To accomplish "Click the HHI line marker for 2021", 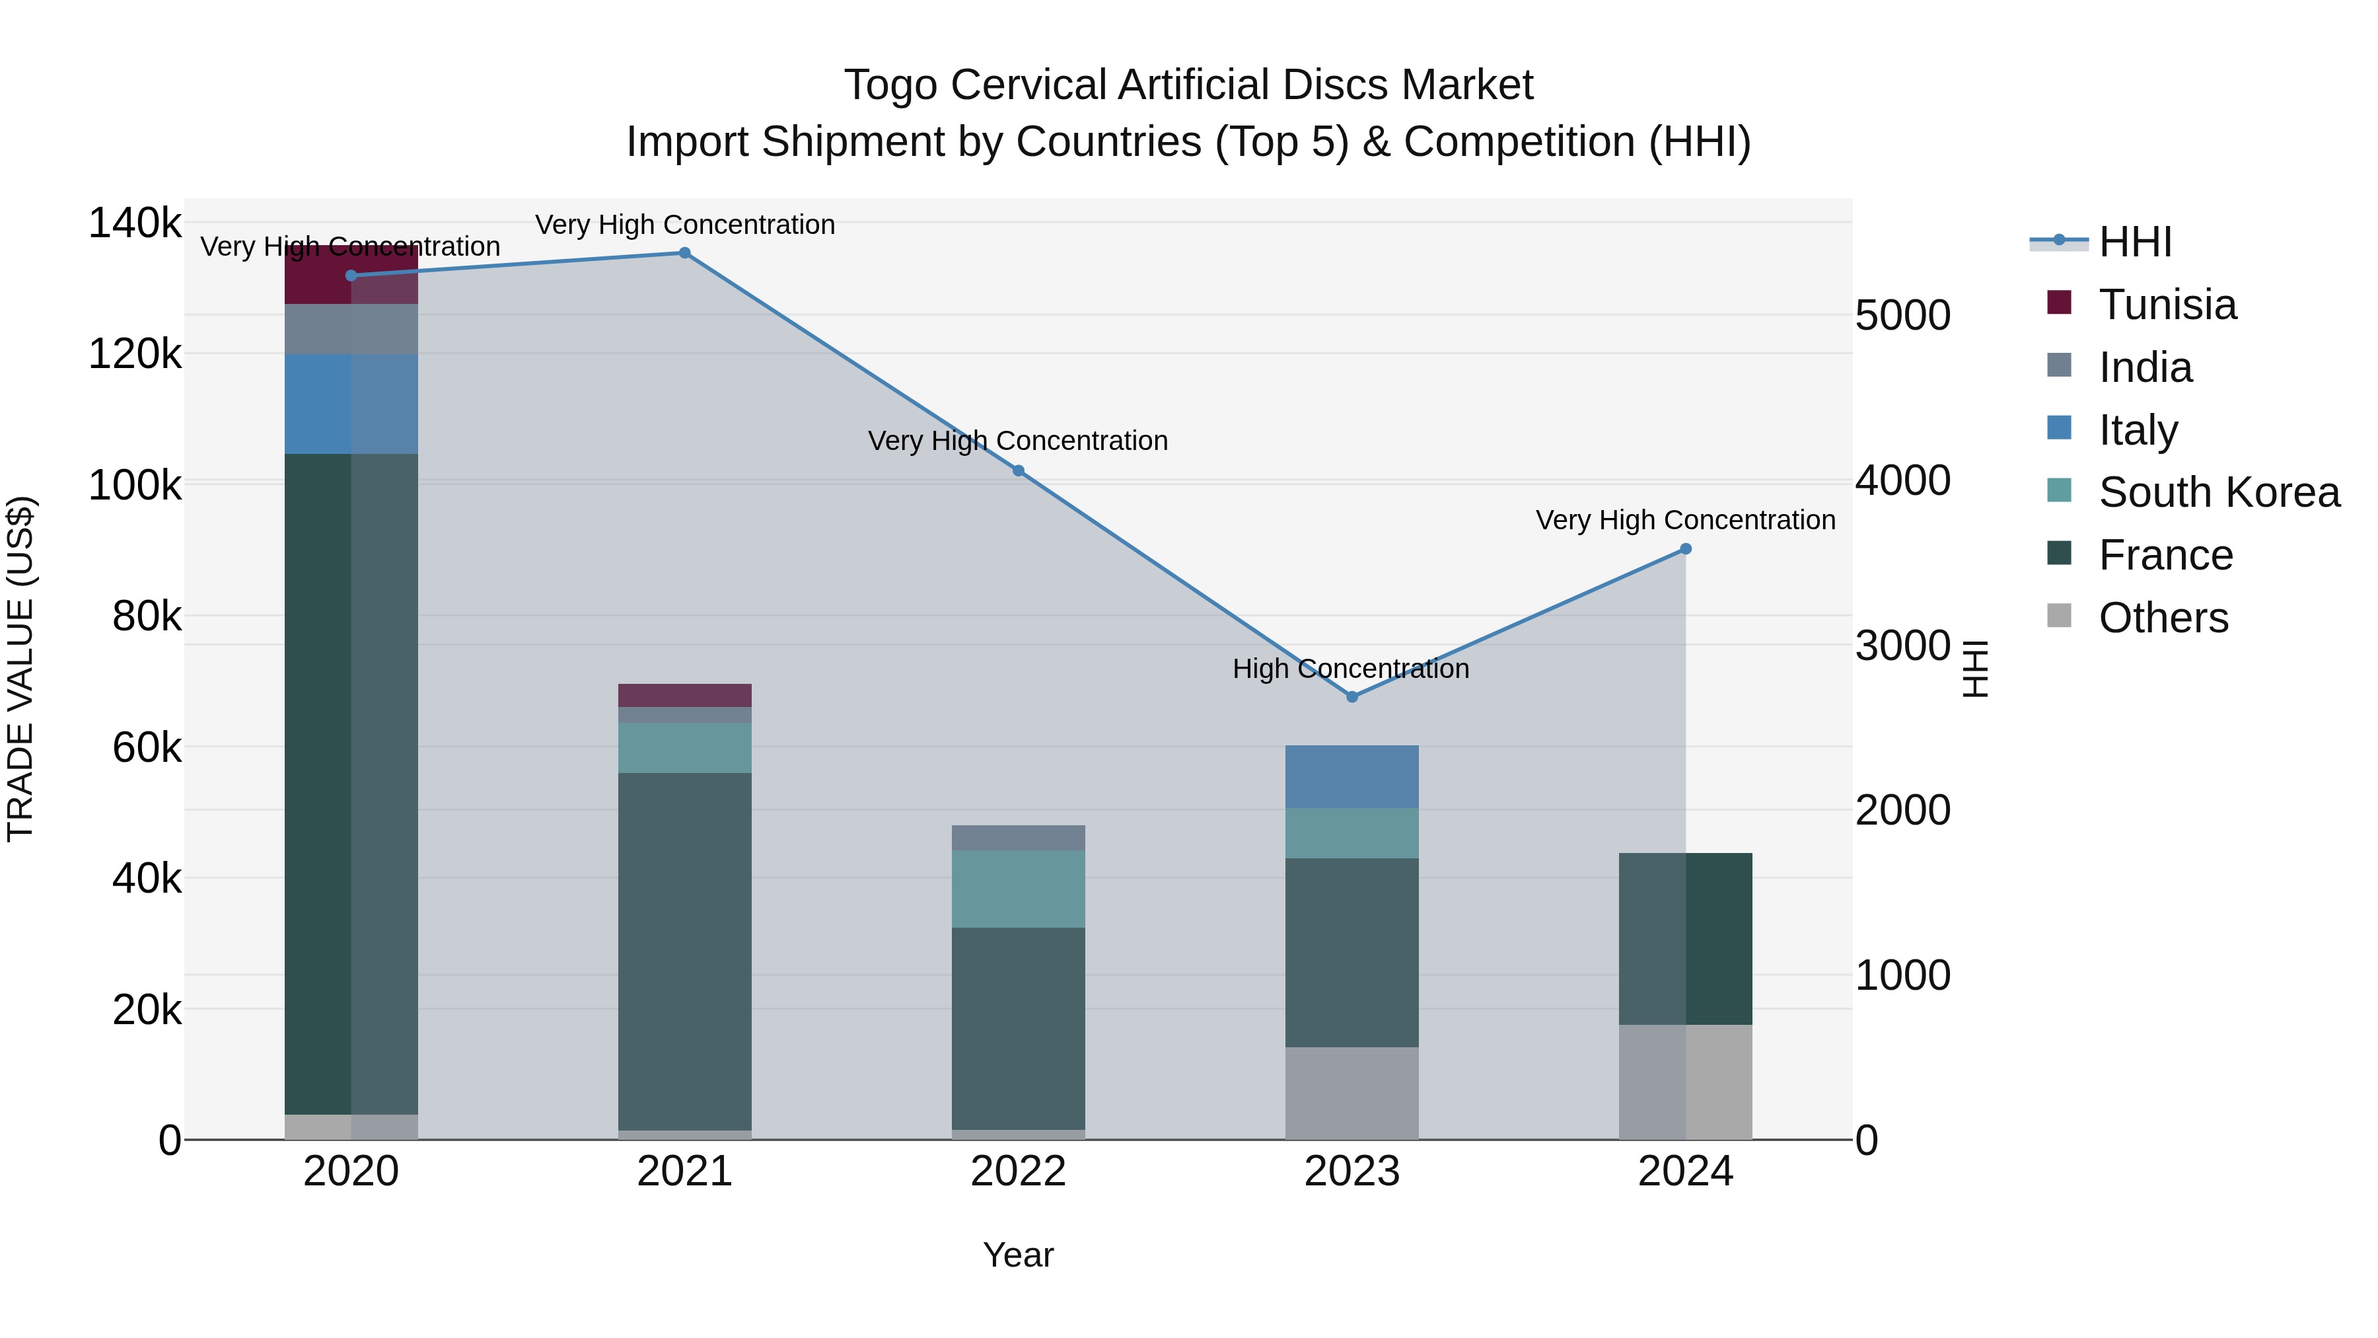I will click(x=684, y=253).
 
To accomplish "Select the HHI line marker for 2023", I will click(x=1352, y=697).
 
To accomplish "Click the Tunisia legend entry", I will click(x=2167, y=305).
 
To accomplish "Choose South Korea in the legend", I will click(x=2218, y=492).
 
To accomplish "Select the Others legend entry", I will click(x=2163, y=618).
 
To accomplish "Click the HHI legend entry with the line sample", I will click(x=2135, y=242).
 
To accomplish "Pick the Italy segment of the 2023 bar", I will click(x=1351, y=776).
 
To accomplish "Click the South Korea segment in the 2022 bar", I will click(x=1018, y=888).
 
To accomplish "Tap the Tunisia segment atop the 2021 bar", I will click(x=684, y=695).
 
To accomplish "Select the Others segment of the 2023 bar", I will click(x=1351, y=1094).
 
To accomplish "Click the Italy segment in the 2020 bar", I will click(x=351, y=404).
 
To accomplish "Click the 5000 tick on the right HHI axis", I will click(x=1902, y=316).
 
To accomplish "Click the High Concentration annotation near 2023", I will click(x=1351, y=669).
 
